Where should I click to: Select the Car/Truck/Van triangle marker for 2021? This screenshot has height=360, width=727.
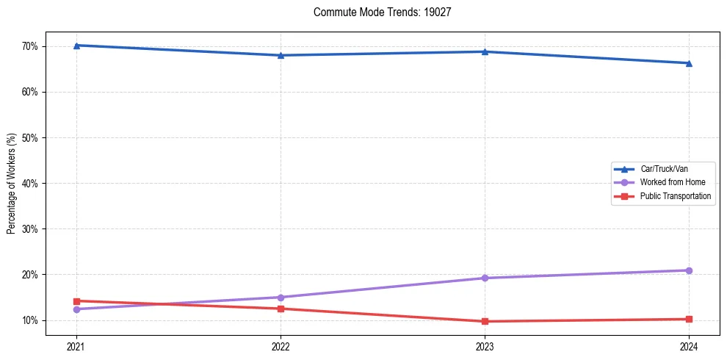tap(76, 46)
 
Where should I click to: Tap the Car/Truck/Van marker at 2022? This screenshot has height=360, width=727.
tap(281, 55)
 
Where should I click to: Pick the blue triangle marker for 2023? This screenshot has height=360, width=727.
tap(485, 51)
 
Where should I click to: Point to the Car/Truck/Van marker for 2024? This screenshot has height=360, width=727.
tap(689, 63)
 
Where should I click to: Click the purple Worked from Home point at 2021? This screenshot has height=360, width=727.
tap(76, 309)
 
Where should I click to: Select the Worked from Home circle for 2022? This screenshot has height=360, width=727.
tap(281, 298)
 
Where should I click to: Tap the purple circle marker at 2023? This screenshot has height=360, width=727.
tap(485, 278)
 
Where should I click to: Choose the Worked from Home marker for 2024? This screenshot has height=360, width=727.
tap(689, 270)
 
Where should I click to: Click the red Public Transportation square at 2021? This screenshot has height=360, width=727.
tap(76, 300)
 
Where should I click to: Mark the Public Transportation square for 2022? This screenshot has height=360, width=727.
tap(281, 309)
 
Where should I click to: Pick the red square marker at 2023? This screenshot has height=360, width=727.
tap(485, 321)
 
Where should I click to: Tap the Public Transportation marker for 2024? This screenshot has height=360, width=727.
tap(689, 319)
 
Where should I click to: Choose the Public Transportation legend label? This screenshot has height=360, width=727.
tap(675, 196)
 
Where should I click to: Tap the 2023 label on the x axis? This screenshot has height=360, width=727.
tap(485, 347)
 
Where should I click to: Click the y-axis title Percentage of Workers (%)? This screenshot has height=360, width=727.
tap(11, 183)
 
